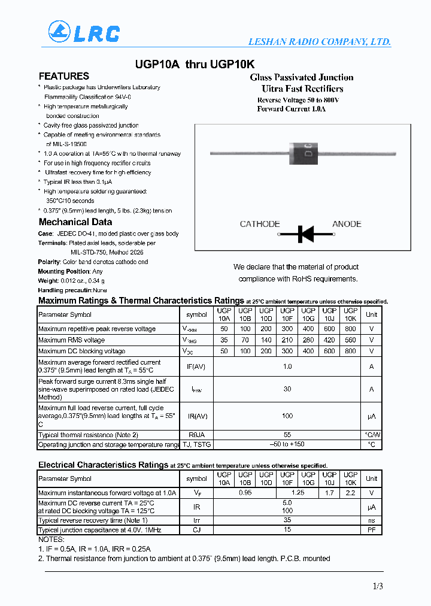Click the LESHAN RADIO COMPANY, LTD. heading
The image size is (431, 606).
click(319, 42)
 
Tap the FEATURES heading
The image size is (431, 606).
click(64, 76)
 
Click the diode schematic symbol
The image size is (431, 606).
click(306, 234)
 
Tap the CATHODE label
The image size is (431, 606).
click(260, 224)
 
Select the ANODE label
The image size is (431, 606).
click(347, 224)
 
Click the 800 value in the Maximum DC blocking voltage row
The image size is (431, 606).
click(350, 352)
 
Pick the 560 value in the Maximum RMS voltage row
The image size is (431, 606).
click(350, 340)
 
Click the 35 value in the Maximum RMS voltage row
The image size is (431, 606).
click(224, 340)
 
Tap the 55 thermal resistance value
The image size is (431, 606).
click(287, 435)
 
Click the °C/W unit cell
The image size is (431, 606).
click(372, 435)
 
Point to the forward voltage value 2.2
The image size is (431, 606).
click(350, 493)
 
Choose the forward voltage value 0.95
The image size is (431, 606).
click(245, 493)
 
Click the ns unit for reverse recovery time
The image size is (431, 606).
click(372, 520)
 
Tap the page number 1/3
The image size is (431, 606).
click(377, 587)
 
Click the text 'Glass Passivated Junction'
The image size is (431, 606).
click(301, 77)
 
